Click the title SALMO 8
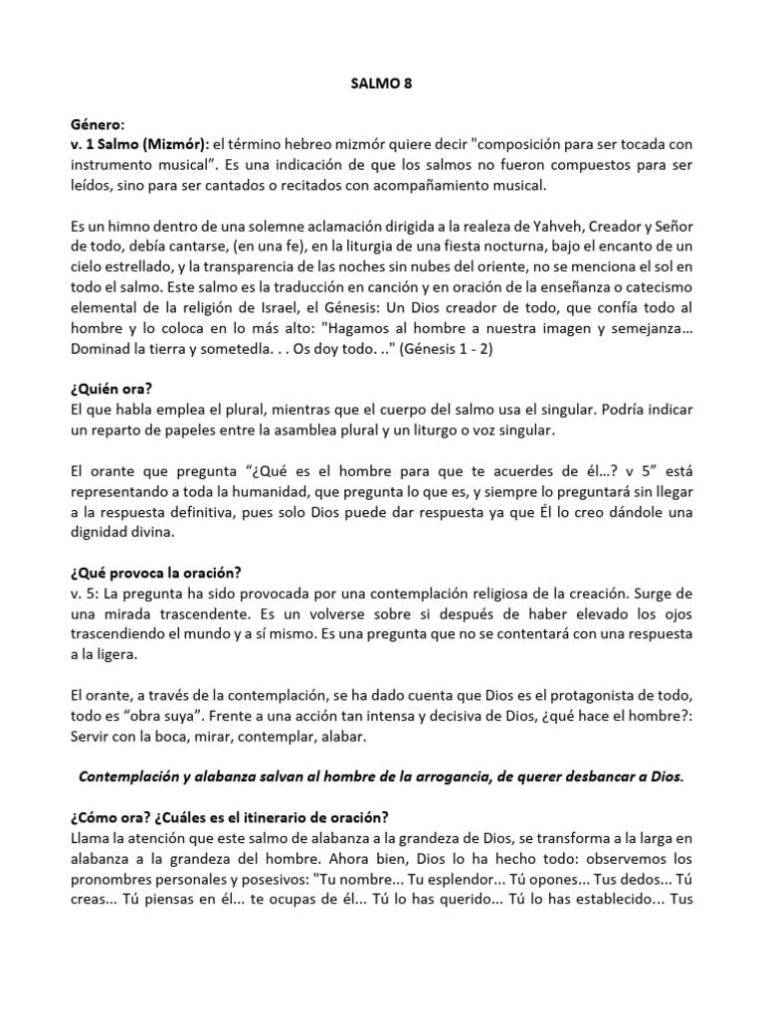(382, 85)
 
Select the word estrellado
(147, 266)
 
